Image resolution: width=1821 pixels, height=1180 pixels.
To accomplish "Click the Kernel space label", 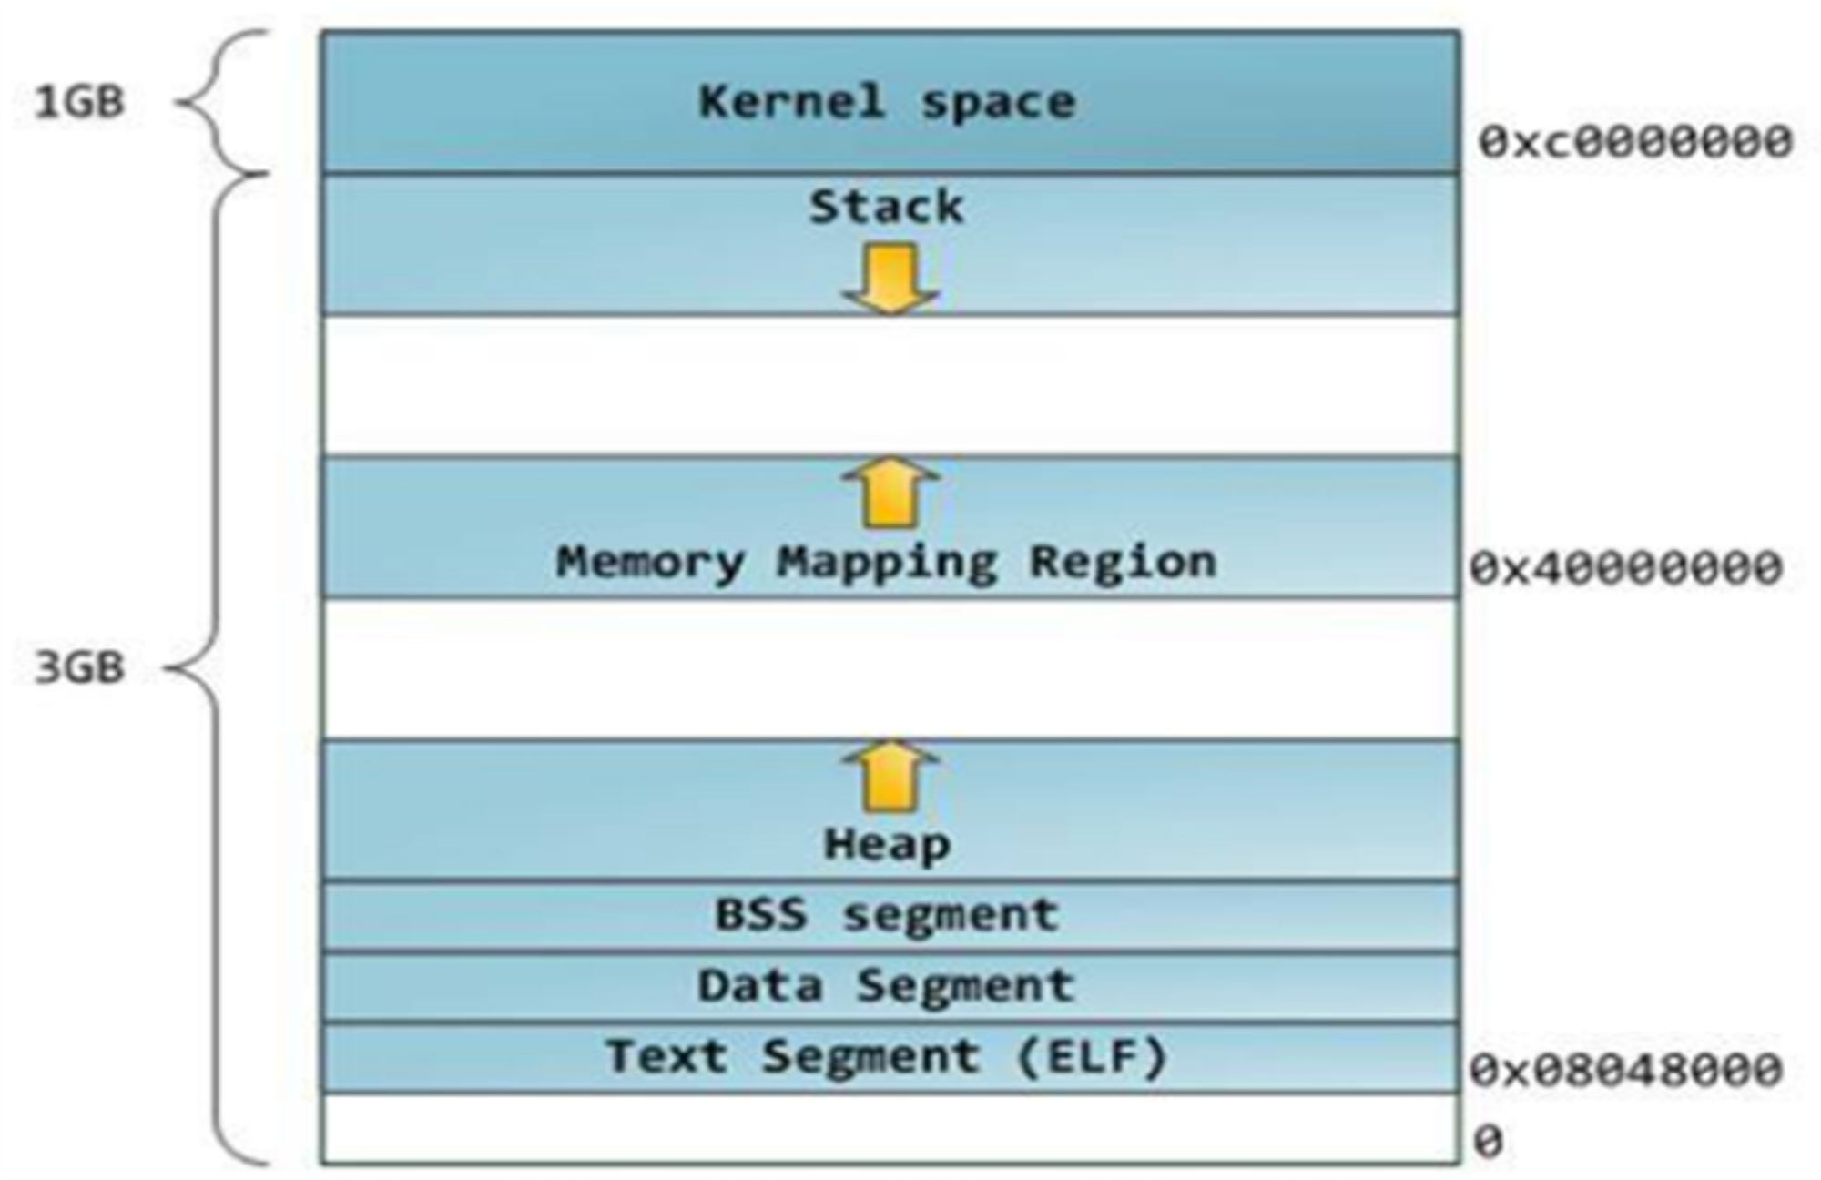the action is click(887, 102).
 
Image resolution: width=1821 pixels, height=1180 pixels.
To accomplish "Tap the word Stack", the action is click(886, 207).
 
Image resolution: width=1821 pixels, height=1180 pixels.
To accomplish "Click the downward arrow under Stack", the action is click(890, 279).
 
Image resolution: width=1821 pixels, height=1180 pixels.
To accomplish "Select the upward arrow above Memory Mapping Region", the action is click(890, 493).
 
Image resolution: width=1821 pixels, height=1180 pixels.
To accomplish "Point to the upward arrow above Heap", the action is click(890, 776).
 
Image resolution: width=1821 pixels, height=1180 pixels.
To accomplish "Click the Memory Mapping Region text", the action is click(886, 563).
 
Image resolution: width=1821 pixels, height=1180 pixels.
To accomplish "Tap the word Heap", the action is click(887, 846).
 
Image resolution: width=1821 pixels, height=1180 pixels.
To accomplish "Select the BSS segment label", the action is click(887, 915).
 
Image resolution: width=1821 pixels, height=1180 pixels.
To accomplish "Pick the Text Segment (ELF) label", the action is click(886, 1057).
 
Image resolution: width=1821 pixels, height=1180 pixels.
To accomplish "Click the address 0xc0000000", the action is click(1635, 142).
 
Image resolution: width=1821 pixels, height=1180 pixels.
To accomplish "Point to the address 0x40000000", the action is click(1626, 568).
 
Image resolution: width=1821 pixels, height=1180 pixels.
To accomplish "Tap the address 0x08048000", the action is click(1626, 1070).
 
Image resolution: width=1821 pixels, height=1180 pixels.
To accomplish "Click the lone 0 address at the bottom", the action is click(1488, 1141).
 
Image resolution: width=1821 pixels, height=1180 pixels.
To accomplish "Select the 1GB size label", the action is click(79, 101).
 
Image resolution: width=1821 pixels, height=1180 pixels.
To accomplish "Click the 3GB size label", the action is click(79, 667).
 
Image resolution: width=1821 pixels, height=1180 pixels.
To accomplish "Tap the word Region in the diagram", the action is click(1123, 563).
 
